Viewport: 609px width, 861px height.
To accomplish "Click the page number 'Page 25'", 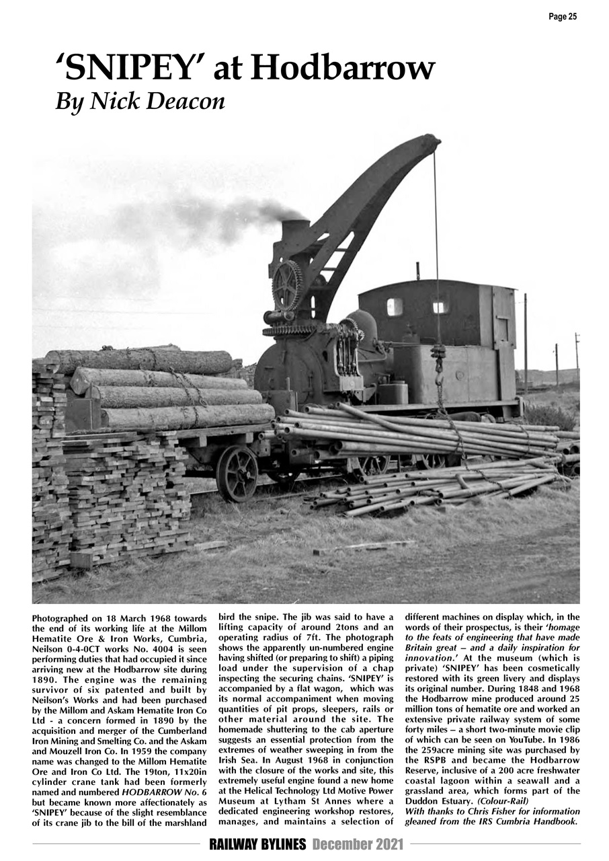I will [x=562, y=17].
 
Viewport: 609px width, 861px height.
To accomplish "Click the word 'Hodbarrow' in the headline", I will [x=342, y=69].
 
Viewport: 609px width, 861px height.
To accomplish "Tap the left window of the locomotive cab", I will [x=395, y=307].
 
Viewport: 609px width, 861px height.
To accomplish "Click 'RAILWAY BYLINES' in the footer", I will [x=257, y=844].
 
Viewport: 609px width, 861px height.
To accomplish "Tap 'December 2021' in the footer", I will [x=358, y=844].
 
